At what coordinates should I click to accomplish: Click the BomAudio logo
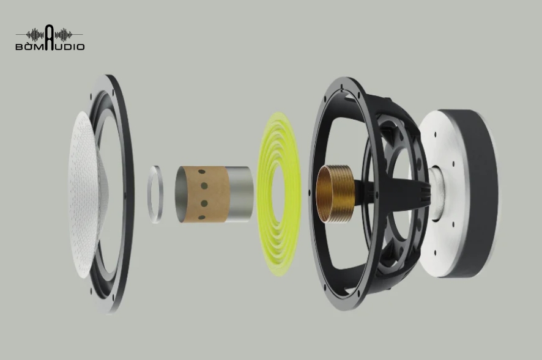[50, 38]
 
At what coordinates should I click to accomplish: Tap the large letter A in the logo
[50, 38]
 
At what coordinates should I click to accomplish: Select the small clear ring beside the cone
[155, 194]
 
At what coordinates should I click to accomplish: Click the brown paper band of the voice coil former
[207, 194]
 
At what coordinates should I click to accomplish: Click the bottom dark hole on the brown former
[201, 218]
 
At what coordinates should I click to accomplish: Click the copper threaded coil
[335, 194]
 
